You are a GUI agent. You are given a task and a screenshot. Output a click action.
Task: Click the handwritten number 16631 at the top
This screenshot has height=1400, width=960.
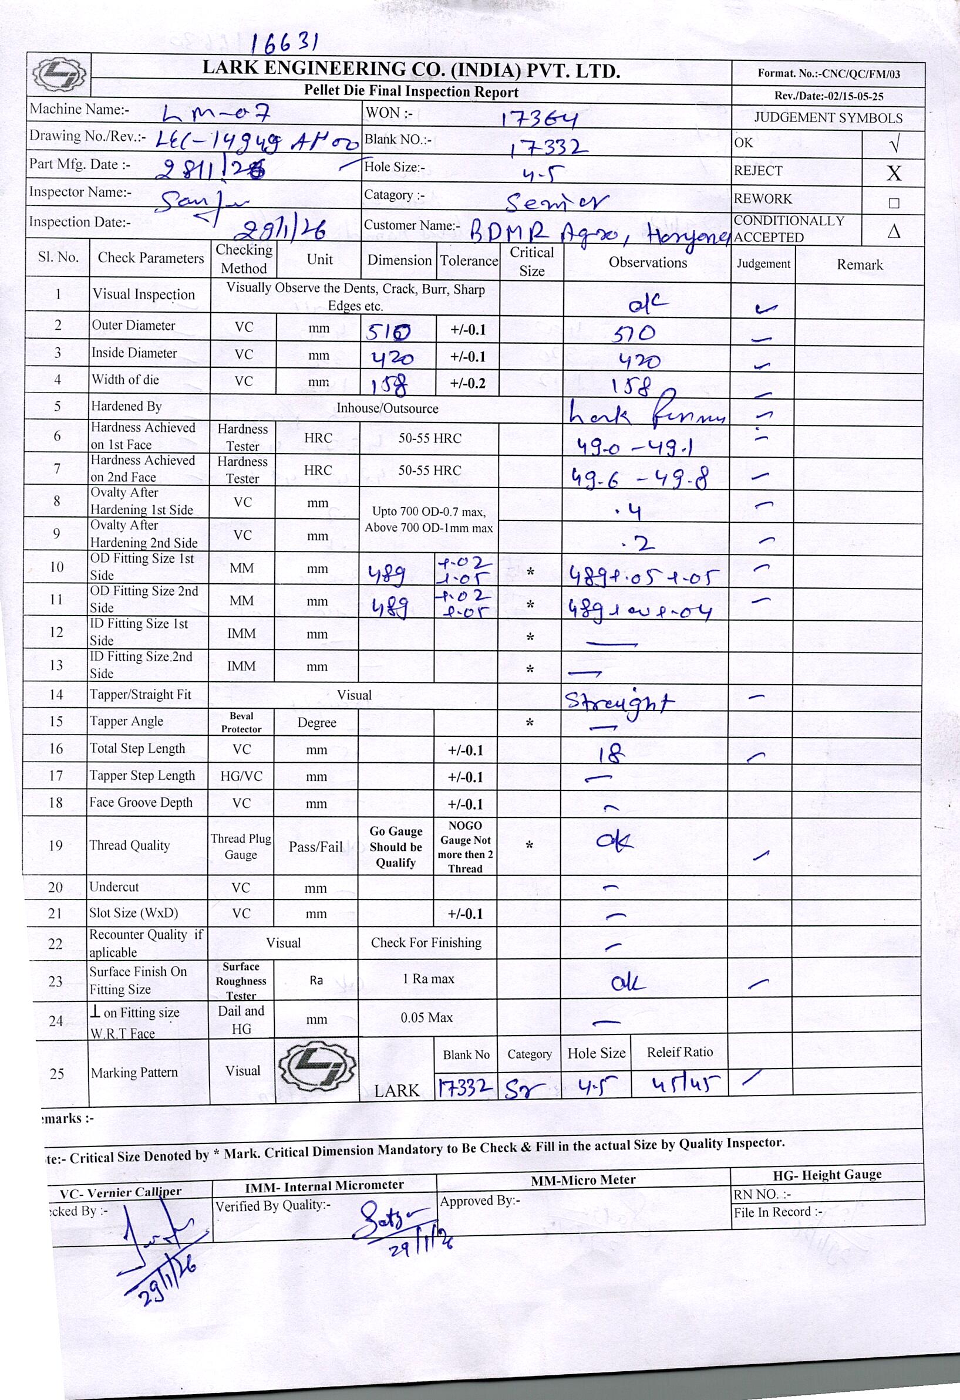coord(284,43)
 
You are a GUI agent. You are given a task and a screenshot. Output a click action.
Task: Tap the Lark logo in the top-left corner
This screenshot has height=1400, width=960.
coord(59,75)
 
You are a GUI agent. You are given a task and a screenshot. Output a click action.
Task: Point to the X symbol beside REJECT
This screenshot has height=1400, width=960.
coord(893,174)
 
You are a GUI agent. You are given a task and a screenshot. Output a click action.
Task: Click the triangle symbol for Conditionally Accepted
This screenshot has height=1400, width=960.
coord(894,231)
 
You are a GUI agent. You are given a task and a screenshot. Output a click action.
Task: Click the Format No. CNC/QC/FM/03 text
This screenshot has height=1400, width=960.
coord(828,74)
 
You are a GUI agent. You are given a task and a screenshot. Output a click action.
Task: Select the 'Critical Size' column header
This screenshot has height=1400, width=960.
coord(531,262)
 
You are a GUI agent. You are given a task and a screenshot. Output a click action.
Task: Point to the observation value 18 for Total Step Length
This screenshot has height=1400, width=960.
coord(612,753)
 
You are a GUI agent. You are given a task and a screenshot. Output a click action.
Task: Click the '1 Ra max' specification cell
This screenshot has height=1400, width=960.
coord(428,979)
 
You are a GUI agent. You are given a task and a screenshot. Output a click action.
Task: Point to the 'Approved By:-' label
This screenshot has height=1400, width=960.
coord(479,1201)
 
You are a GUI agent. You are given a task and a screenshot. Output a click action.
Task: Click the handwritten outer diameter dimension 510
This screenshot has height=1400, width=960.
coord(389,332)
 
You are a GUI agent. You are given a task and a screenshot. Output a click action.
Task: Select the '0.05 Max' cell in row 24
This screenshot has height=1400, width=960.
coord(426,1017)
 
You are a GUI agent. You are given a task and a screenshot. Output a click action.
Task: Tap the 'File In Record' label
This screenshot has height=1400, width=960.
coord(777,1212)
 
